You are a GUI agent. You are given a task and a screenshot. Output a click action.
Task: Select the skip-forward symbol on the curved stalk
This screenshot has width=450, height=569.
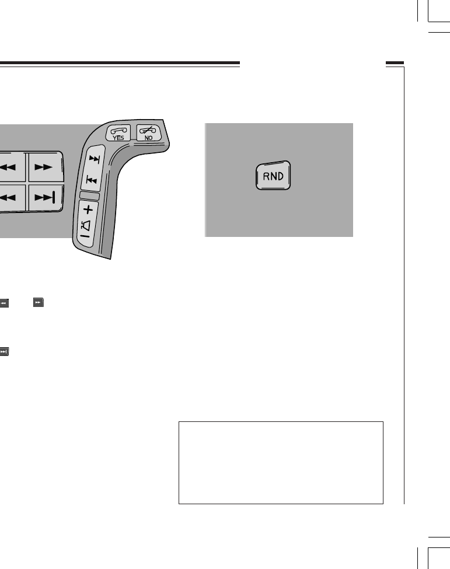(93, 159)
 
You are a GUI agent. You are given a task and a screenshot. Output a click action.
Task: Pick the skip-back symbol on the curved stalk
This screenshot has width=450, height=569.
(92, 179)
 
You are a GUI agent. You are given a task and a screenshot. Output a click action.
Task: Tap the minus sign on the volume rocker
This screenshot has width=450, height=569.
(83, 238)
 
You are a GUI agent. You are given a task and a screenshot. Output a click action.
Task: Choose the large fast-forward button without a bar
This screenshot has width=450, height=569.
(44, 167)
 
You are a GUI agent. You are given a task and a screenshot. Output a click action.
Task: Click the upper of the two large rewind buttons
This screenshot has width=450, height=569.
(11, 167)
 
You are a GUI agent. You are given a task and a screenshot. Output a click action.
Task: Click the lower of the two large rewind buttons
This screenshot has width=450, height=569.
(11, 198)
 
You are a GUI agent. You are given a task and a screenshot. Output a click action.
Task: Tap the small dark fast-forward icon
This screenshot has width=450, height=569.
(38, 303)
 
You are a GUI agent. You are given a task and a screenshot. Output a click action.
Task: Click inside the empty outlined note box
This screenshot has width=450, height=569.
(280, 462)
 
